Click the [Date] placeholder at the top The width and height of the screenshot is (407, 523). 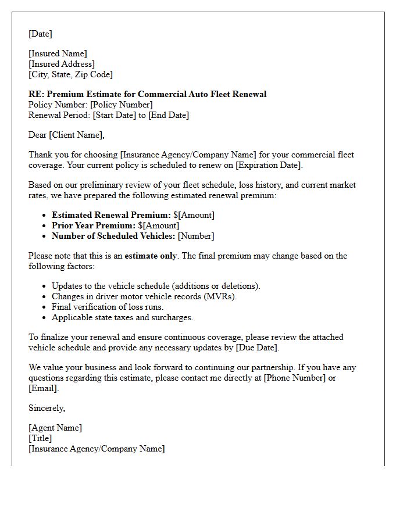[40, 34]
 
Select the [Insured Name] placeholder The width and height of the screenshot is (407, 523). [58, 53]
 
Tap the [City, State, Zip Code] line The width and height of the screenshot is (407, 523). [71, 74]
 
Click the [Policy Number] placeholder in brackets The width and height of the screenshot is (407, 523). [122, 105]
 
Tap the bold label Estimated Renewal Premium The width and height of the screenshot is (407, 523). [111, 215]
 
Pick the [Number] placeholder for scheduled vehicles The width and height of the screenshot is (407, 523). [196, 236]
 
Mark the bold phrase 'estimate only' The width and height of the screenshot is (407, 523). [151, 256]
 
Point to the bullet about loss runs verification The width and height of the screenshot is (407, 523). [108, 307]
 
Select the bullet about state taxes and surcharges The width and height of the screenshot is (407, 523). [122, 317]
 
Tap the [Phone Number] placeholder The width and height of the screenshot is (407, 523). [291, 378]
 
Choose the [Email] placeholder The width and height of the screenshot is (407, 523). [42, 388]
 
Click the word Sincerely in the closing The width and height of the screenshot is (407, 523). [47, 408]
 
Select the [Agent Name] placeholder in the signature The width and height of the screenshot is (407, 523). [55, 428]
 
